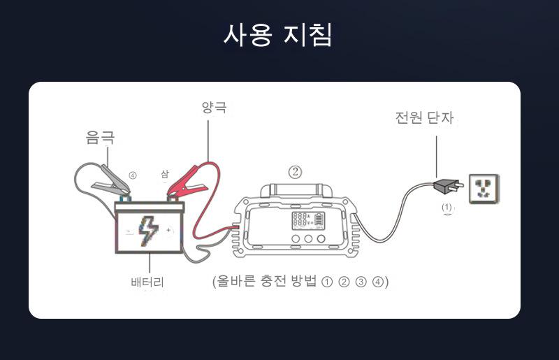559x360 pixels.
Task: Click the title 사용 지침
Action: [x=277, y=34]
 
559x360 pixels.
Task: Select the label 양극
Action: [x=214, y=108]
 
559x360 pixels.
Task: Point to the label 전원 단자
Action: [x=424, y=118]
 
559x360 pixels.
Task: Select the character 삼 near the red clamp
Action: [x=165, y=173]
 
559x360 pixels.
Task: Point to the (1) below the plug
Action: [x=447, y=208]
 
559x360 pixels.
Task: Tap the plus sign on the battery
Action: [x=168, y=230]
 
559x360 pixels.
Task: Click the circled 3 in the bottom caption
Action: [x=361, y=282]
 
